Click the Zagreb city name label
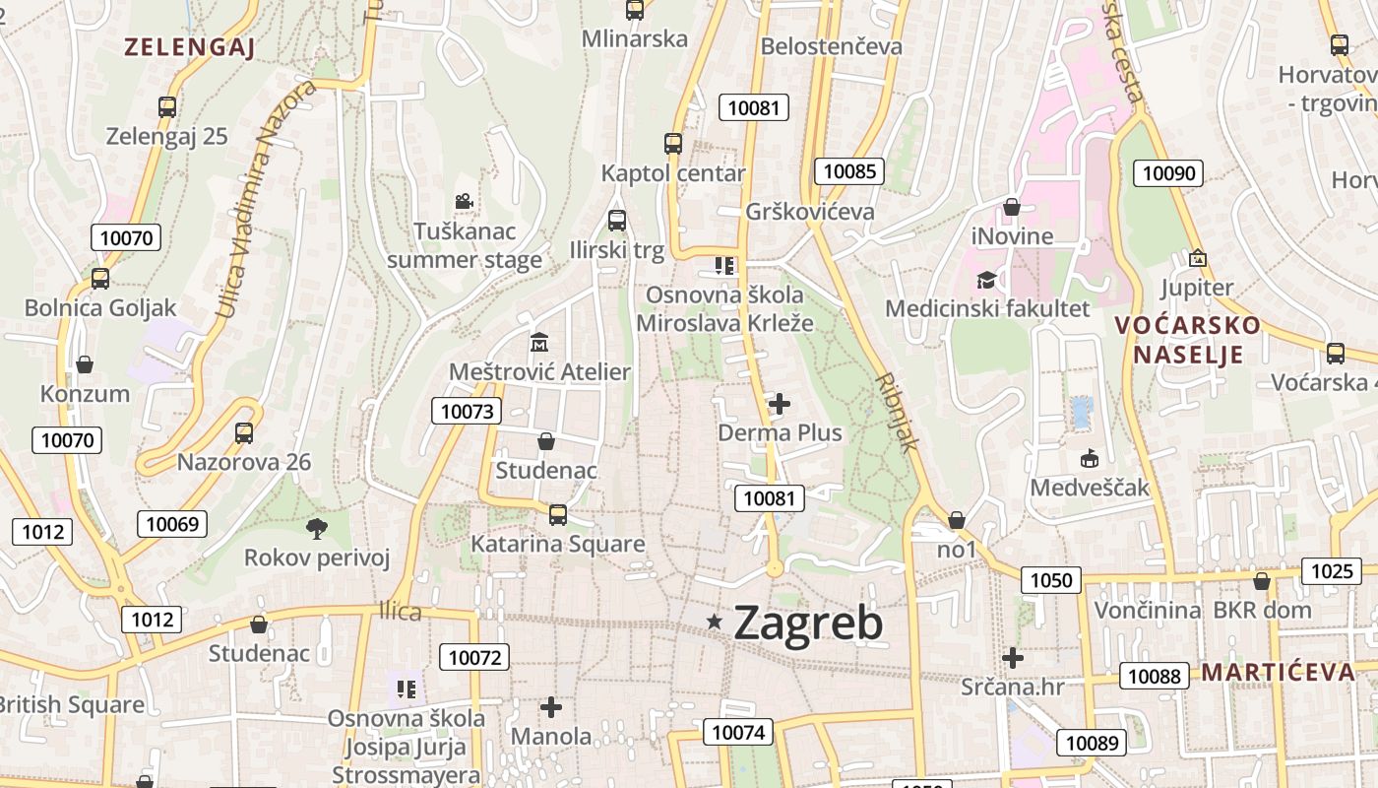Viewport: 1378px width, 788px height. [808, 623]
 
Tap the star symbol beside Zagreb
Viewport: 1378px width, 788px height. [715, 622]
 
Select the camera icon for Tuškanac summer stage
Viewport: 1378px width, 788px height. [464, 202]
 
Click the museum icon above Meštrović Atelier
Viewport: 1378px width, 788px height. [539, 342]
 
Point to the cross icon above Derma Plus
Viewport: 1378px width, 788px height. [780, 403]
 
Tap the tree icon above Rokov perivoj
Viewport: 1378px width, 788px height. [317, 529]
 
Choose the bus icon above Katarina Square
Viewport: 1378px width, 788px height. [558, 514]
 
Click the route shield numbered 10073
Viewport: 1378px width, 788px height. [467, 411]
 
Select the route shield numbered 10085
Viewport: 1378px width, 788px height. [848, 171]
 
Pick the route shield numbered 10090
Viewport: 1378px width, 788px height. [1168, 173]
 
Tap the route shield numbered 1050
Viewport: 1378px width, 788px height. [1050, 579]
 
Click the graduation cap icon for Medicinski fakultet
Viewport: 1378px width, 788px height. [986, 280]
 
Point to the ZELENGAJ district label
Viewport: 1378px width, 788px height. [189, 47]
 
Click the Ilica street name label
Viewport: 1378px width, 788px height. [401, 612]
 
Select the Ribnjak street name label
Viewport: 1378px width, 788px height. [897, 412]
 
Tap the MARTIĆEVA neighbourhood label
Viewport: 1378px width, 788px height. [1278, 672]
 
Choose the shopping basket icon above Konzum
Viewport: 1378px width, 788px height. [85, 364]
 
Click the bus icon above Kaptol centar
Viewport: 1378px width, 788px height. [673, 144]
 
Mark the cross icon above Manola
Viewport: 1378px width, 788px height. [551, 706]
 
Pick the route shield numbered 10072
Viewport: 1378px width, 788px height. [474, 657]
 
